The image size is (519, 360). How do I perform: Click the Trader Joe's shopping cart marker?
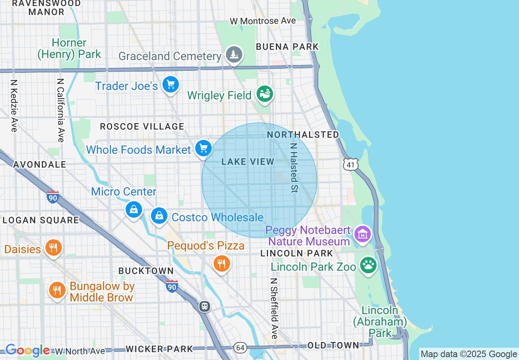click(x=170, y=85)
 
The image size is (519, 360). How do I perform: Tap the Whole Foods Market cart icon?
click(x=203, y=148)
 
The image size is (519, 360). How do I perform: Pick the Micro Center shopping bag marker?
click(x=133, y=210)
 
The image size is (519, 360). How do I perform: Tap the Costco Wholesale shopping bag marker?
click(x=159, y=215)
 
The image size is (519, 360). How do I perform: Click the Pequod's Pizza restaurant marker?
click(x=221, y=263)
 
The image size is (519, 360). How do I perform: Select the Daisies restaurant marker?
click(x=53, y=248)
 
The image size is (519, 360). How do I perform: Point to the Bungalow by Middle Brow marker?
click(x=57, y=290)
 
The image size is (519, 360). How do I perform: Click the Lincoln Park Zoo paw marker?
click(x=368, y=265)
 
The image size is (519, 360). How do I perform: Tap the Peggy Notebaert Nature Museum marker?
click(x=363, y=234)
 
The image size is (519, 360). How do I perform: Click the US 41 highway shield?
click(x=351, y=164)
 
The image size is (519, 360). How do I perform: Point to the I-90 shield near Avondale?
click(x=53, y=197)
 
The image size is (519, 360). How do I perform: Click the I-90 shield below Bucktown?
click(x=172, y=286)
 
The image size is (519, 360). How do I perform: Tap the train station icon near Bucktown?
click(x=204, y=306)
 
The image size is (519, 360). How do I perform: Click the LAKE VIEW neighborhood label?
click(x=248, y=162)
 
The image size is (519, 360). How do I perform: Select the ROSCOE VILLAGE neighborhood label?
click(x=142, y=127)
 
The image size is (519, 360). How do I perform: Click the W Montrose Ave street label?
click(x=262, y=21)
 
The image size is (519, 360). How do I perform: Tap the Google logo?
click(x=27, y=351)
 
